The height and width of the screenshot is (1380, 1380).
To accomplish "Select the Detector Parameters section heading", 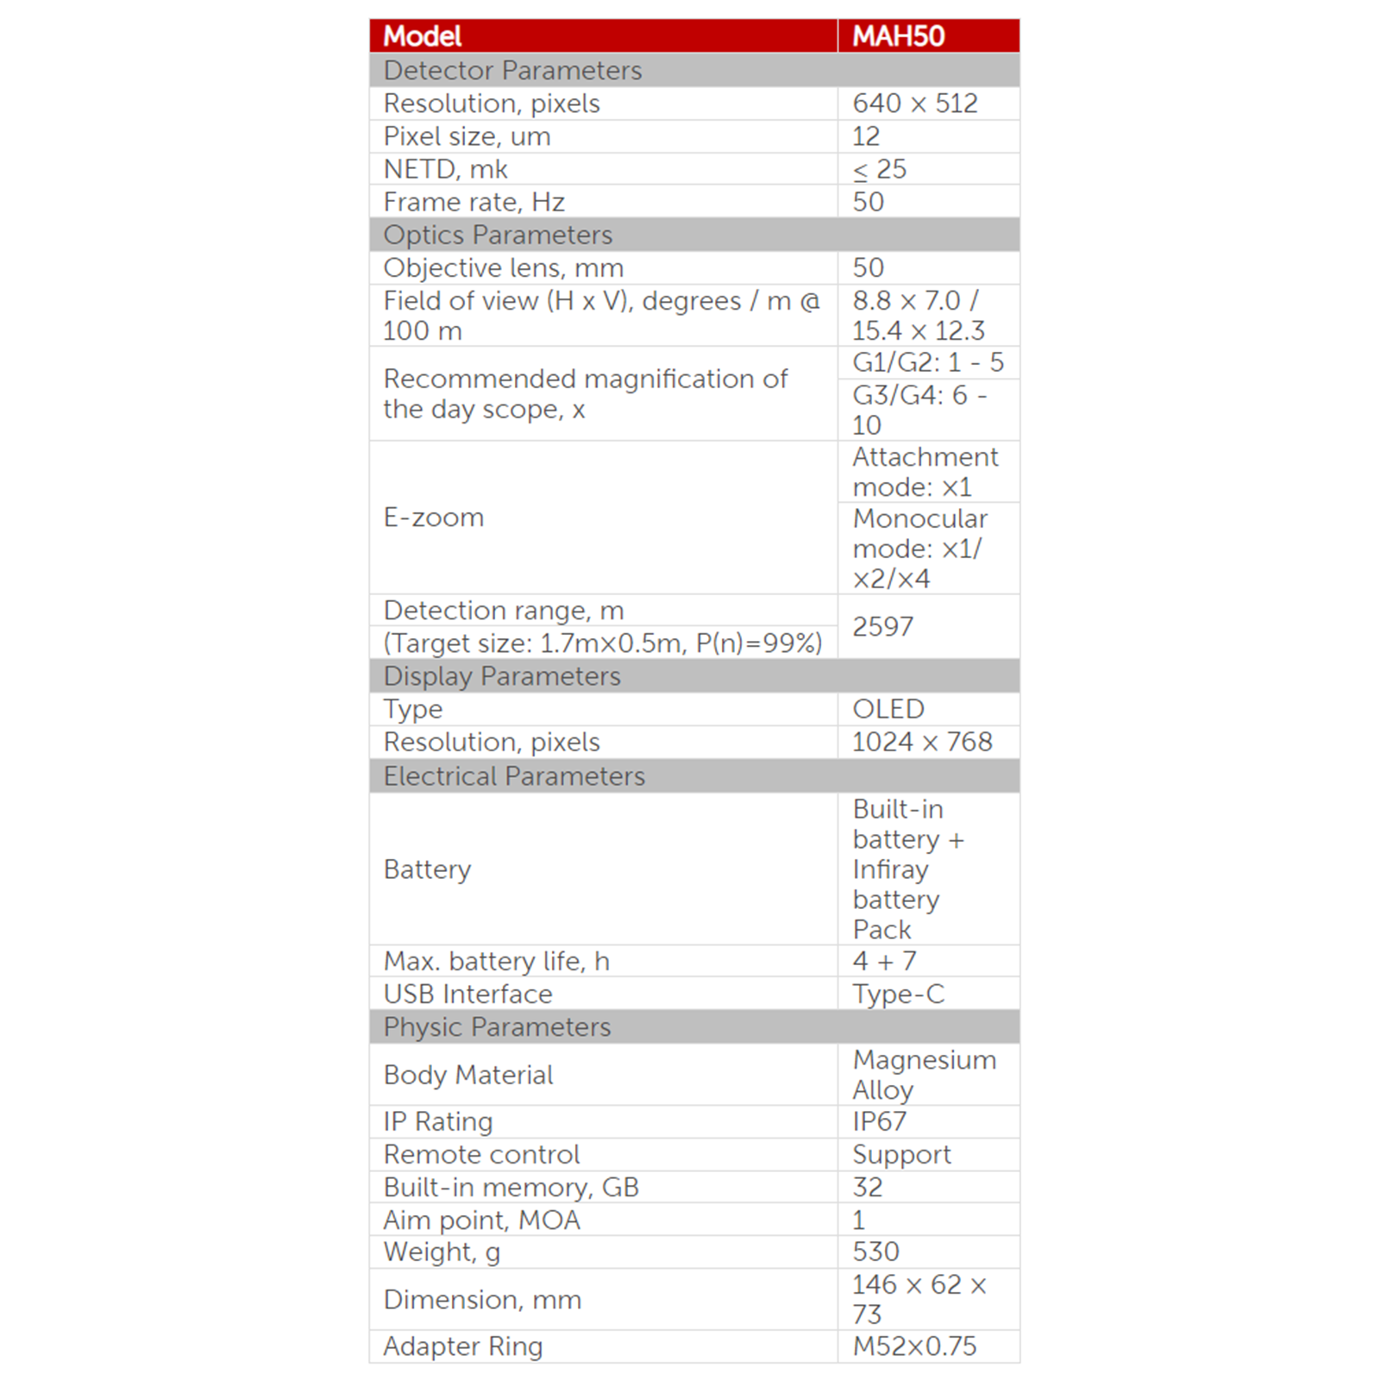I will pos(512,71).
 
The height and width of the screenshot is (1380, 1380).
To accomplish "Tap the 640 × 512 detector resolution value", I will pos(914,103).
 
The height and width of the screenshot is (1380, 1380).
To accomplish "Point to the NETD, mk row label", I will pos(445,169).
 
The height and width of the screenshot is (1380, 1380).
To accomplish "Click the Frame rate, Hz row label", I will pos(474,202).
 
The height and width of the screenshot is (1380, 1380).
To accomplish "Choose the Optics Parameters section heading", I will pos(498,235).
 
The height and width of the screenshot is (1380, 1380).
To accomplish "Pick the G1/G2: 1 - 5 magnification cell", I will pos(927,362).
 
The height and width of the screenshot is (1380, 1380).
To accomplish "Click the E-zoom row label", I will pos(434,517).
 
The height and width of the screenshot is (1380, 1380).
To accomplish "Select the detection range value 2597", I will pos(882,626).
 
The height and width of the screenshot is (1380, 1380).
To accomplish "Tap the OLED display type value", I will pos(888,709).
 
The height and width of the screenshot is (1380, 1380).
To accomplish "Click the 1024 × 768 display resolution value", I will pos(922,742).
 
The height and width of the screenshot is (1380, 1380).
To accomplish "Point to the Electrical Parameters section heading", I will pos(514,776).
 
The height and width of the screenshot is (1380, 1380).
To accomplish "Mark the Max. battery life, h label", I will pos(496,961).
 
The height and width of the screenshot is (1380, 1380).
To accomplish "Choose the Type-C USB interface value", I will pos(898,994).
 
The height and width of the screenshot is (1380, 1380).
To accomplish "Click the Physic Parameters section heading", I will pos(497,1027).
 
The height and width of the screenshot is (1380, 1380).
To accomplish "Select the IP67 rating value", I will pos(879,1121).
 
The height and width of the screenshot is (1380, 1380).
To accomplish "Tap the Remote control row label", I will pos(481,1154).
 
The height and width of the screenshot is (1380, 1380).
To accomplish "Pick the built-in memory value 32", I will pos(867,1187).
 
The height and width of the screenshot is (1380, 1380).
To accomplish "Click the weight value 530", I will pos(875,1251).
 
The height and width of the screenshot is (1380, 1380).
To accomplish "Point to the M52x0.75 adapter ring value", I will pos(914,1346).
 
